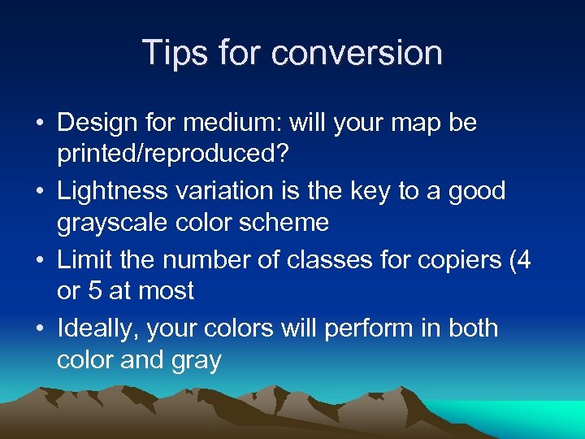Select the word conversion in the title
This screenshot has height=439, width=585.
click(357, 53)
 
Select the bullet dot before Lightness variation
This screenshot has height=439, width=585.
click(41, 192)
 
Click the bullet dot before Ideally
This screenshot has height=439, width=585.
click(41, 329)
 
